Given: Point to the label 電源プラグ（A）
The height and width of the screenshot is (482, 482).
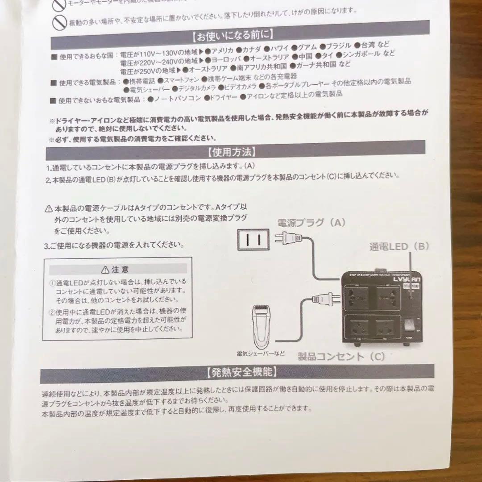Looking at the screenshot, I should [311, 223].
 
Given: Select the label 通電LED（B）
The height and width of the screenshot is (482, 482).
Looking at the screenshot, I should [399, 246].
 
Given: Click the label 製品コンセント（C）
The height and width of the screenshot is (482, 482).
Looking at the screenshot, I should [341, 356].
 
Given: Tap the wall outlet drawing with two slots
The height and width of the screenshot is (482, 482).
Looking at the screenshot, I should [253, 241].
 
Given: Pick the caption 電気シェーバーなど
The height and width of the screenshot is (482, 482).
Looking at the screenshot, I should [261, 353].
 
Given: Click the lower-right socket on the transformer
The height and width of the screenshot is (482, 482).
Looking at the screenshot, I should [385, 329].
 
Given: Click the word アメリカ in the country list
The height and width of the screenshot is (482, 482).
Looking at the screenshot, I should [222, 50].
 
